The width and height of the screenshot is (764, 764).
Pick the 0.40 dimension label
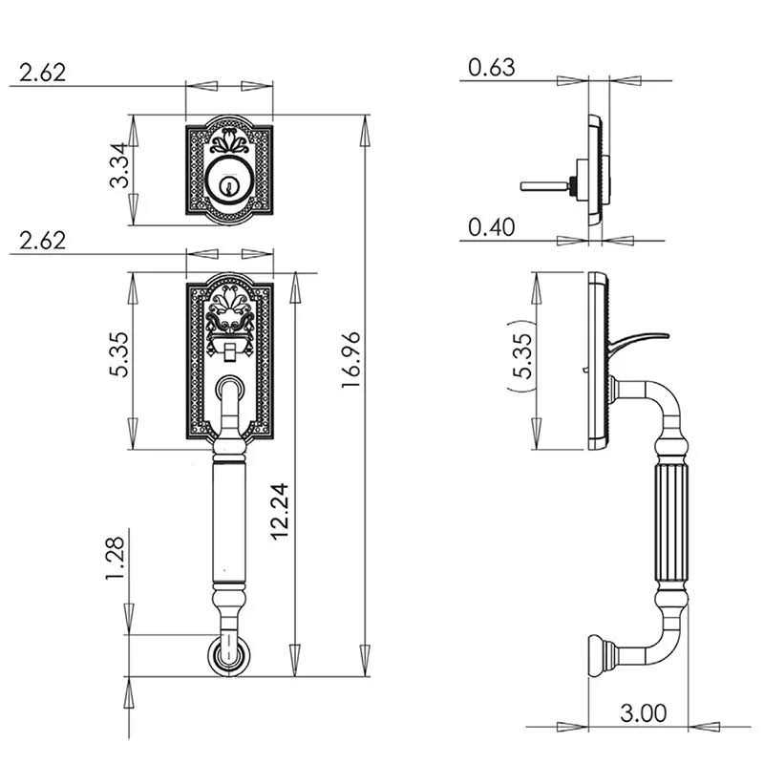coord(492,226)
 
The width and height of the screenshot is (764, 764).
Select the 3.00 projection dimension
coord(643,712)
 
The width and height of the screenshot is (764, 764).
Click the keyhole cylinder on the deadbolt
coord(229,183)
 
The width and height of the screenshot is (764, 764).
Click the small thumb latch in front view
coord(229,354)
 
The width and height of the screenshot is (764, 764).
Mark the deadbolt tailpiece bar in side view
coord(544,184)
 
